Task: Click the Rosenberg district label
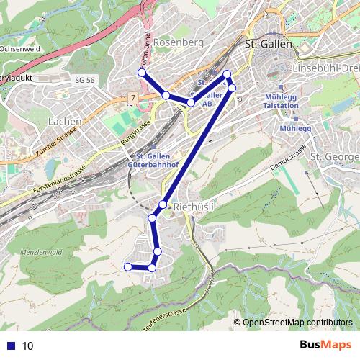click(x=179, y=42)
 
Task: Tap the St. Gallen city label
click(x=269, y=44)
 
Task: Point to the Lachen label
click(x=64, y=122)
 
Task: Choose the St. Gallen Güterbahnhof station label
click(x=150, y=162)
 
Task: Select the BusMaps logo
click(x=326, y=345)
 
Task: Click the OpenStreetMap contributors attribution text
click(x=297, y=322)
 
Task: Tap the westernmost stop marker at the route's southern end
click(x=128, y=266)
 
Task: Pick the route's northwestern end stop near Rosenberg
click(x=142, y=72)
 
